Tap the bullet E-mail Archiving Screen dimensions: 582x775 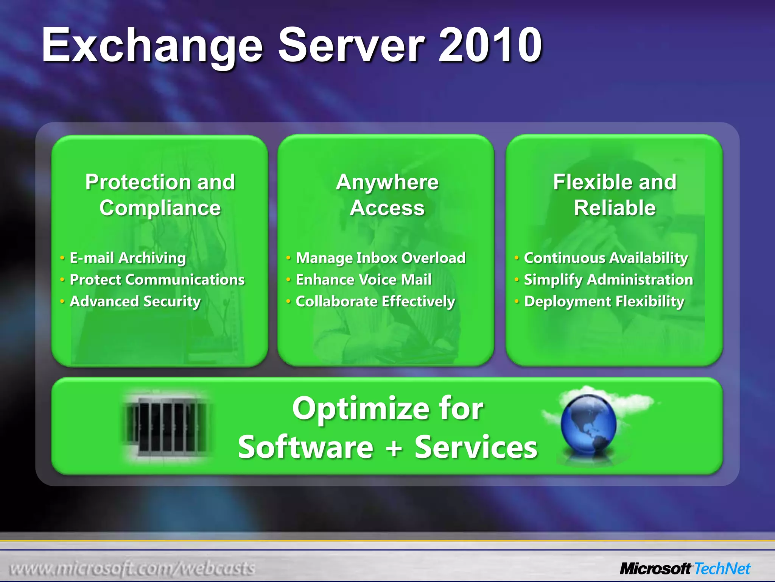tap(128, 258)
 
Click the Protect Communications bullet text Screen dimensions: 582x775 tap(157, 280)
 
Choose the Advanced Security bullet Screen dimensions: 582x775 tap(135, 302)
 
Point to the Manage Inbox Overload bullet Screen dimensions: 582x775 tap(380, 258)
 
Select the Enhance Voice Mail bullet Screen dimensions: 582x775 tap(363, 280)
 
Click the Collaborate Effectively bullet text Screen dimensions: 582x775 tap(375, 302)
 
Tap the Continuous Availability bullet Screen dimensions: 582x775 tap(605, 258)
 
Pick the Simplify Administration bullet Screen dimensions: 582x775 tap(608, 280)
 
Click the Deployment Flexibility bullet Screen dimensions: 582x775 tap(604, 302)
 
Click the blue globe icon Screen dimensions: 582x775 tap(588, 424)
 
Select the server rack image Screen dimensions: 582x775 tap(167, 426)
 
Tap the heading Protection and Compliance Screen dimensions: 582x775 tap(160, 195)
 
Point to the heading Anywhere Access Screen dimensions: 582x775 tap(387, 195)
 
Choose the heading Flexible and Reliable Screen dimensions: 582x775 tap(615, 195)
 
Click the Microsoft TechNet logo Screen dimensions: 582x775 tap(685, 569)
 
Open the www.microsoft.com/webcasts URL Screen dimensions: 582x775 tap(132, 569)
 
